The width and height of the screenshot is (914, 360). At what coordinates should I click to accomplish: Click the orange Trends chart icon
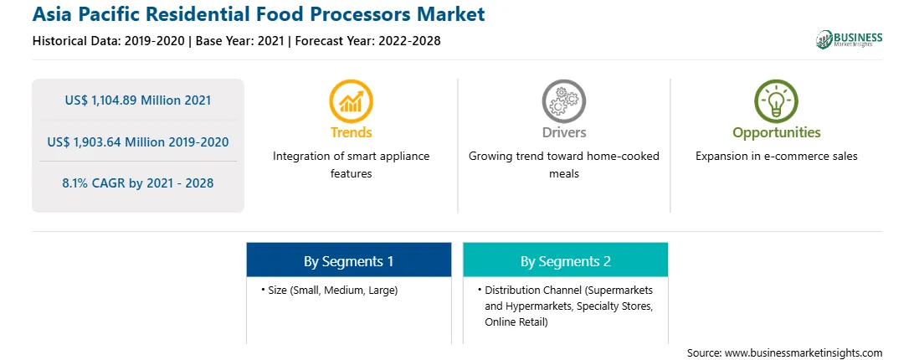(x=351, y=101)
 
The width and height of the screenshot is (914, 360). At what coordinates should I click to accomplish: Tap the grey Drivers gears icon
(x=563, y=101)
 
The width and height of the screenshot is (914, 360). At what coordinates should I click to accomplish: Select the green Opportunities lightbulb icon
(x=777, y=101)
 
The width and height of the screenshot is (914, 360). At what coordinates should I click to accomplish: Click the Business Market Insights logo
(x=849, y=39)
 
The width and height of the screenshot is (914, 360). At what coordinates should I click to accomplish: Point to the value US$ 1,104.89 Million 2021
(x=138, y=100)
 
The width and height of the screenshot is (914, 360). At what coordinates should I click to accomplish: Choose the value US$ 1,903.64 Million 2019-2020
(x=138, y=141)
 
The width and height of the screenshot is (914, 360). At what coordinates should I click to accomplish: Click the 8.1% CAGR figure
(x=138, y=183)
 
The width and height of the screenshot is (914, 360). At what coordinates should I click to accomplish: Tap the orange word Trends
(x=351, y=132)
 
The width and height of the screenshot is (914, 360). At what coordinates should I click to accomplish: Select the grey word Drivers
(x=563, y=132)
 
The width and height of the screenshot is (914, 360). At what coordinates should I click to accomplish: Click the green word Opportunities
(x=777, y=133)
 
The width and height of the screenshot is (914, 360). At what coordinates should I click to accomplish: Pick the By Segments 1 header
(x=348, y=261)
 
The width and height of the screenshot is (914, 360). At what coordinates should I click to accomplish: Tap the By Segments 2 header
(x=566, y=261)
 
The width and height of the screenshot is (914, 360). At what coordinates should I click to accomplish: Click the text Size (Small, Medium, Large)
(x=333, y=291)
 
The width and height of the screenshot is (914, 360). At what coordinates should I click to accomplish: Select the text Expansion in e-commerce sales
(x=777, y=157)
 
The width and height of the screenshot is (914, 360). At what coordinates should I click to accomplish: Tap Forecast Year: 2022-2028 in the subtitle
(x=367, y=41)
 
